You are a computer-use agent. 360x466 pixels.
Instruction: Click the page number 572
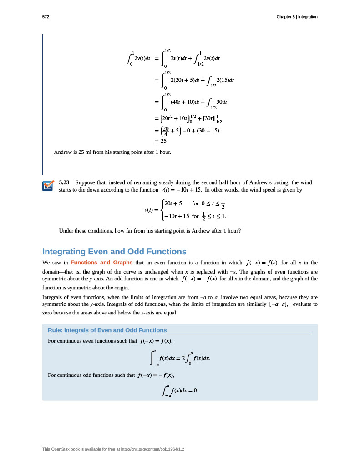point(45,17)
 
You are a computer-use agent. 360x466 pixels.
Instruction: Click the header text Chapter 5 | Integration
point(297,17)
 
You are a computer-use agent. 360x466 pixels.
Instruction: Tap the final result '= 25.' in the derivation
point(162,141)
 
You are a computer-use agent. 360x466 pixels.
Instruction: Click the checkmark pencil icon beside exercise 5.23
point(48,186)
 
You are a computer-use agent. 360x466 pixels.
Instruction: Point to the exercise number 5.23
point(64,182)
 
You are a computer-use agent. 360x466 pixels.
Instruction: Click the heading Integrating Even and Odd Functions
point(114,252)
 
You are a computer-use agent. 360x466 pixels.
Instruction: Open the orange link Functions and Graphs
point(101,263)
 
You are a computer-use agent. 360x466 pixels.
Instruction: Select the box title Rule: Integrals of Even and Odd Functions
point(107,330)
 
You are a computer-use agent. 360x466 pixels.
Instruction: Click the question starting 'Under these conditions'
point(150,231)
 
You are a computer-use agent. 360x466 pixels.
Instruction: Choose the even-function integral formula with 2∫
point(180,358)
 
